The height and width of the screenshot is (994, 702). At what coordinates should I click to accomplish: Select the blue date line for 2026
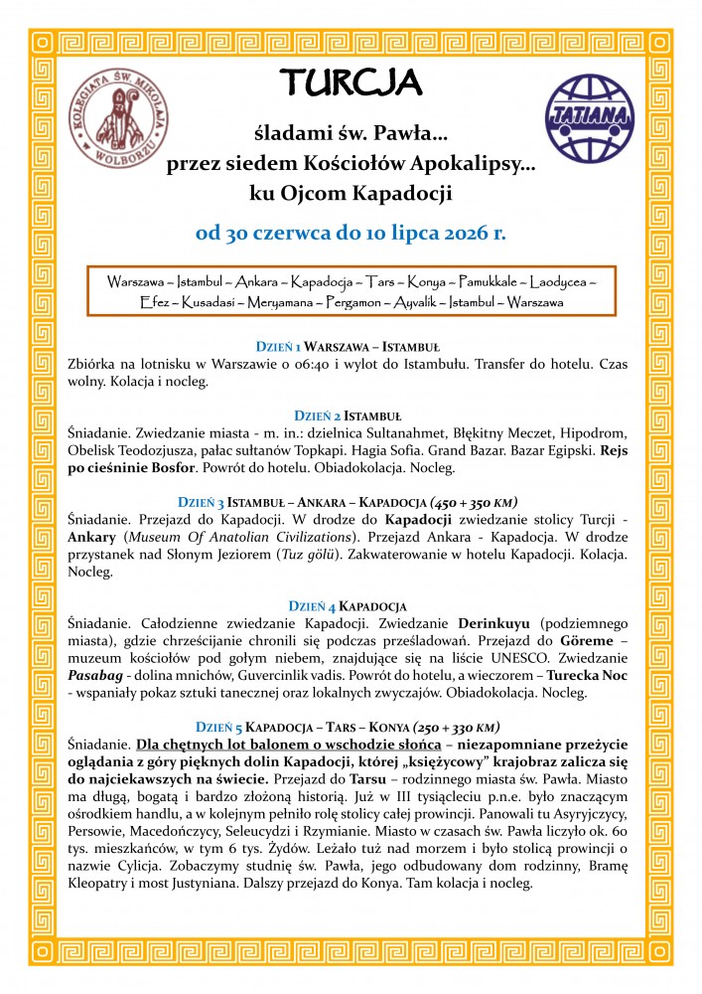(x=351, y=234)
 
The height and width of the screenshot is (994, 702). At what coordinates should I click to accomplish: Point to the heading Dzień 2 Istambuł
(x=351, y=414)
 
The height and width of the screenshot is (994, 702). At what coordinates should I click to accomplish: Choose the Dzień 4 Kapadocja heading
(x=351, y=606)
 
